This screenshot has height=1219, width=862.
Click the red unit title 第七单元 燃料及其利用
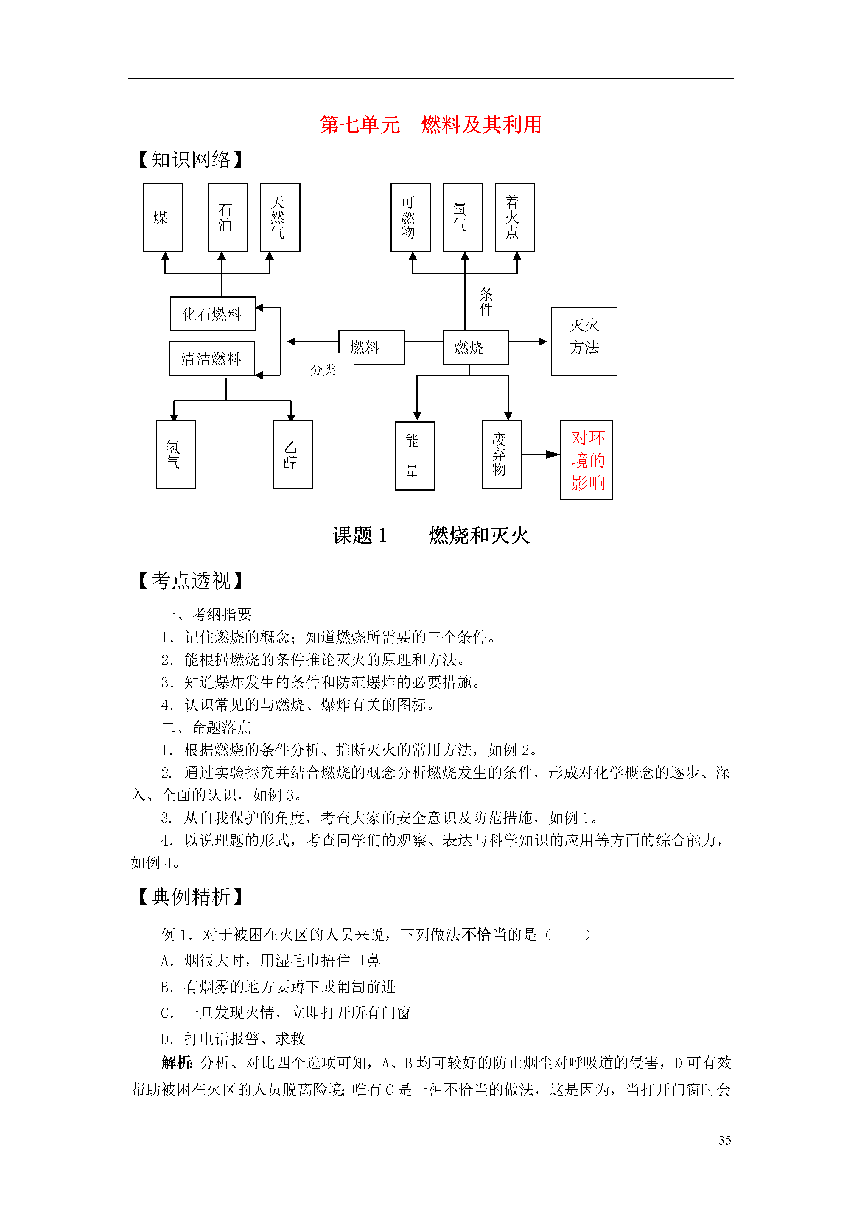431,125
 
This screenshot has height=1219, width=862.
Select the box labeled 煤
163,217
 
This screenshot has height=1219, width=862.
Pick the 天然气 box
280,217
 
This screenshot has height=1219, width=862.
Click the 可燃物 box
410,217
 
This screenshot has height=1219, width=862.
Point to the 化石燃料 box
213,314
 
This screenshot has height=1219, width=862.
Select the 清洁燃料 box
212,358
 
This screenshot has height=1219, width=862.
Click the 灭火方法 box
584,341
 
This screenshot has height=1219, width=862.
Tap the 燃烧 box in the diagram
475,347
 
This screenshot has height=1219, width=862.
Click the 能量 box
415,456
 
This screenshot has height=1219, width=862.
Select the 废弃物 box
501,454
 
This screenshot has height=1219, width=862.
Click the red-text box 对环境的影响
586,460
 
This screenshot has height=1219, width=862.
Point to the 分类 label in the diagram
323,370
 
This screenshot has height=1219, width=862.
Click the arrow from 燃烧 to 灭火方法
528,341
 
